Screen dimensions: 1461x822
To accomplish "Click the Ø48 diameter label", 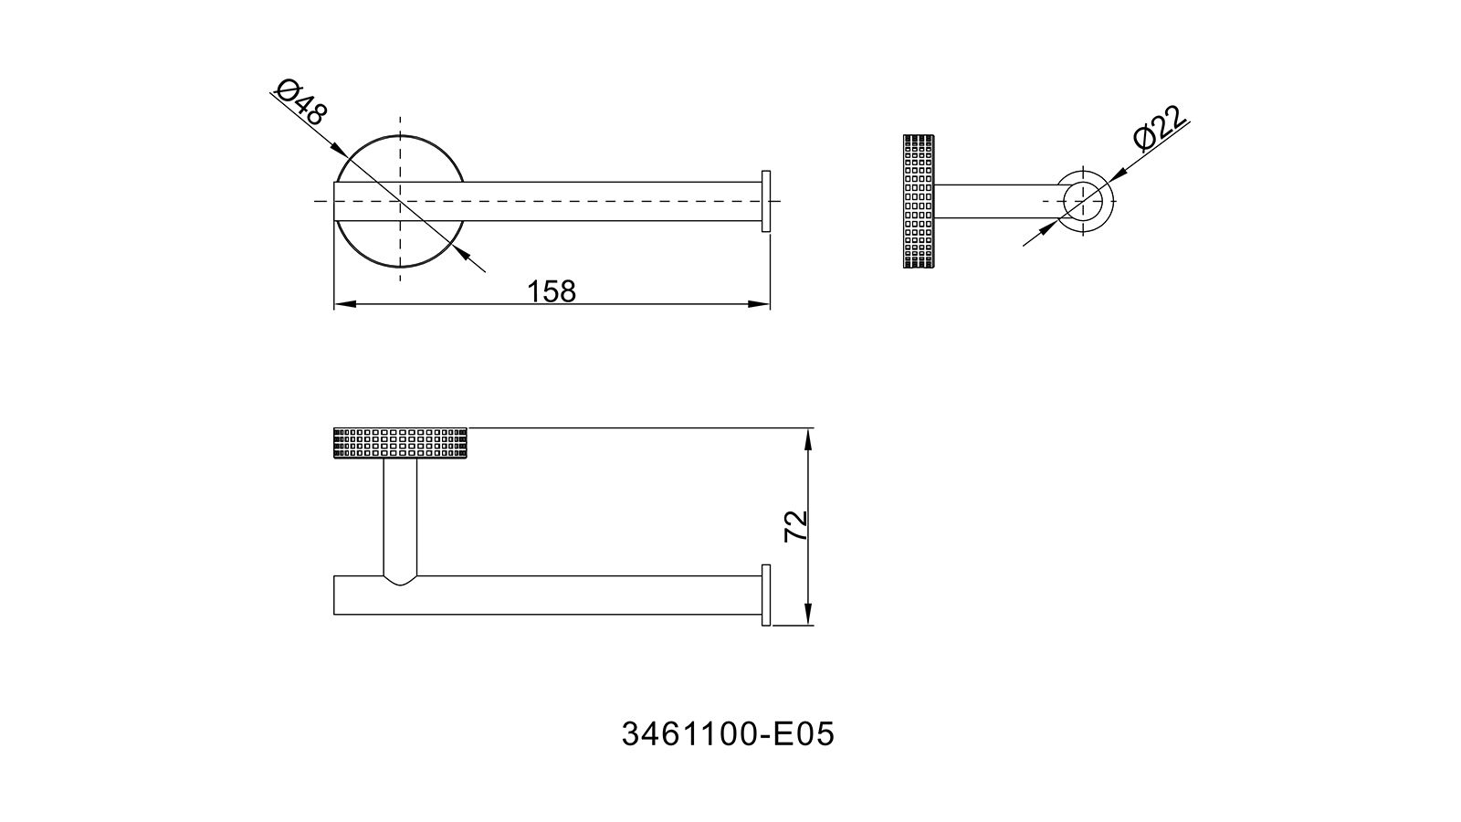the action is click(x=300, y=101).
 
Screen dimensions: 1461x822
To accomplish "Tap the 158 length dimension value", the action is click(x=552, y=291).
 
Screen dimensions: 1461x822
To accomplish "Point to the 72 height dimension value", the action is click(x=796, y=526).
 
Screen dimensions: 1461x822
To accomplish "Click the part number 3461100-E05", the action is click(x=728, y=734).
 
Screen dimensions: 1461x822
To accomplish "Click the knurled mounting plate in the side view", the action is click(x=919, y=201).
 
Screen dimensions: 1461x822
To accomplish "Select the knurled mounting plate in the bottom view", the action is click(x=400, y=443).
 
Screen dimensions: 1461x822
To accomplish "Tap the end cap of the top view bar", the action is click(x=766, y=201).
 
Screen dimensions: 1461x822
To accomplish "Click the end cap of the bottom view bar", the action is click(x=766, y=595).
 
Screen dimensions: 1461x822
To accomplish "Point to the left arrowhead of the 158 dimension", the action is click(x=344, y=304).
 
